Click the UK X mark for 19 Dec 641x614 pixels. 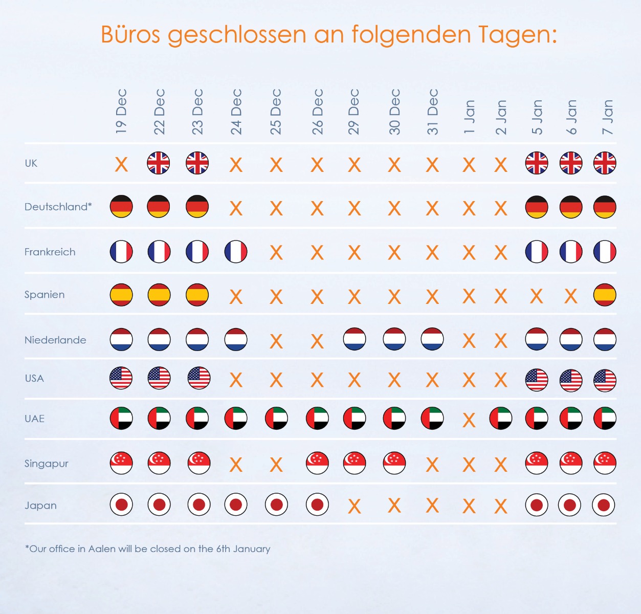click(121, 164)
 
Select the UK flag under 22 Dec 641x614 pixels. click(159, 163)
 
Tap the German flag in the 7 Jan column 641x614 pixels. click(605, 207)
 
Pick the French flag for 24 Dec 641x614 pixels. click(236, 252)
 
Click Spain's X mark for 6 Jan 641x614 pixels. click(571, 296)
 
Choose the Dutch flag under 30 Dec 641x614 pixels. click(394, 339)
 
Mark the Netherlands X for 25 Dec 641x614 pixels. click(276, 341)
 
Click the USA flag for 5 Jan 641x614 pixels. click(537, 380)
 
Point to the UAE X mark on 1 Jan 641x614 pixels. click(469, 420)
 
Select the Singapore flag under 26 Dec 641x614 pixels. click(317, 463)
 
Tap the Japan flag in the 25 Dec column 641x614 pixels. click(276, 505)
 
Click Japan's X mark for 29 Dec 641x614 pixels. click(354, 507)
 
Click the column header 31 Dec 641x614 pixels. click(433, 112)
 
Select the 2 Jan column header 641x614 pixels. click(501, 117)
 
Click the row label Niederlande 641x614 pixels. click(55, 340)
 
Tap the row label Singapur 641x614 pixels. click(46, 464)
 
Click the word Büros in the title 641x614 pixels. click(130, 34)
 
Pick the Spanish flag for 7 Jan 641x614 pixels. click(605, 295)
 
